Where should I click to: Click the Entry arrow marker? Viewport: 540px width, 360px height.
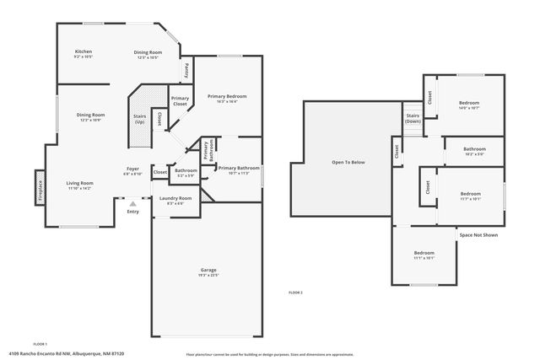click(132, 203)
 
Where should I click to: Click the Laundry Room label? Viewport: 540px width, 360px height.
click(175, 200)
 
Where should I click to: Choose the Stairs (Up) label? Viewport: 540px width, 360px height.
click(139, 119)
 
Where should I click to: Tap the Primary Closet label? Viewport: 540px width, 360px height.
click(180, 101)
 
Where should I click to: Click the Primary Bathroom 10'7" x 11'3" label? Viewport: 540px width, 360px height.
click(238, 169)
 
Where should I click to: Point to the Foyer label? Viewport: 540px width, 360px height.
click(133, 170)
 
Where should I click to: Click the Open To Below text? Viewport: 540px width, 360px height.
click(348, 163)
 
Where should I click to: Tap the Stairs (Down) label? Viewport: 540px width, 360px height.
click(413, 118)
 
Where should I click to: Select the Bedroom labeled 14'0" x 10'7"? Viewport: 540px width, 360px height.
click(469, 105)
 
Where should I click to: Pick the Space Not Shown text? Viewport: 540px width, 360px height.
click(478, 234)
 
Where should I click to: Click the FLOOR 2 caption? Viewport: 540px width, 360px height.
click(295, 292)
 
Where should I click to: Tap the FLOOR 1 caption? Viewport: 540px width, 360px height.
click(40, 344)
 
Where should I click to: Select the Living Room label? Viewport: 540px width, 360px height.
click(80, 185)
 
